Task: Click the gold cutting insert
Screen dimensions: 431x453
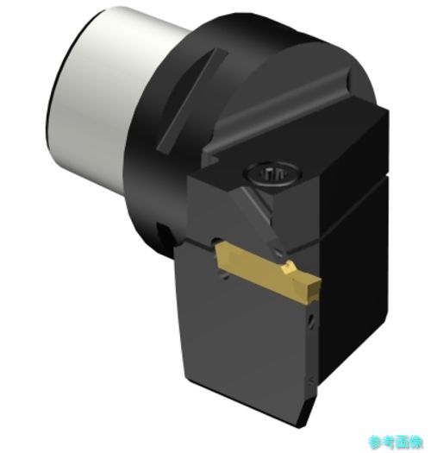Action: [268, 272]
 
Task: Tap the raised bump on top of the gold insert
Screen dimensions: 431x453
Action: [290, 267]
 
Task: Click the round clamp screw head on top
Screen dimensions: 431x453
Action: [272, 173]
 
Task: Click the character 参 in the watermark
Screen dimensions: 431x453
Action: [375, 442]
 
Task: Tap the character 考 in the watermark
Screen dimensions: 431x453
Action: [388, 442]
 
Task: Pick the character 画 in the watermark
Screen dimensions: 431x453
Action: [403, 442]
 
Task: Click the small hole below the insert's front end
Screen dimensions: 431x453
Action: [311, 320]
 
